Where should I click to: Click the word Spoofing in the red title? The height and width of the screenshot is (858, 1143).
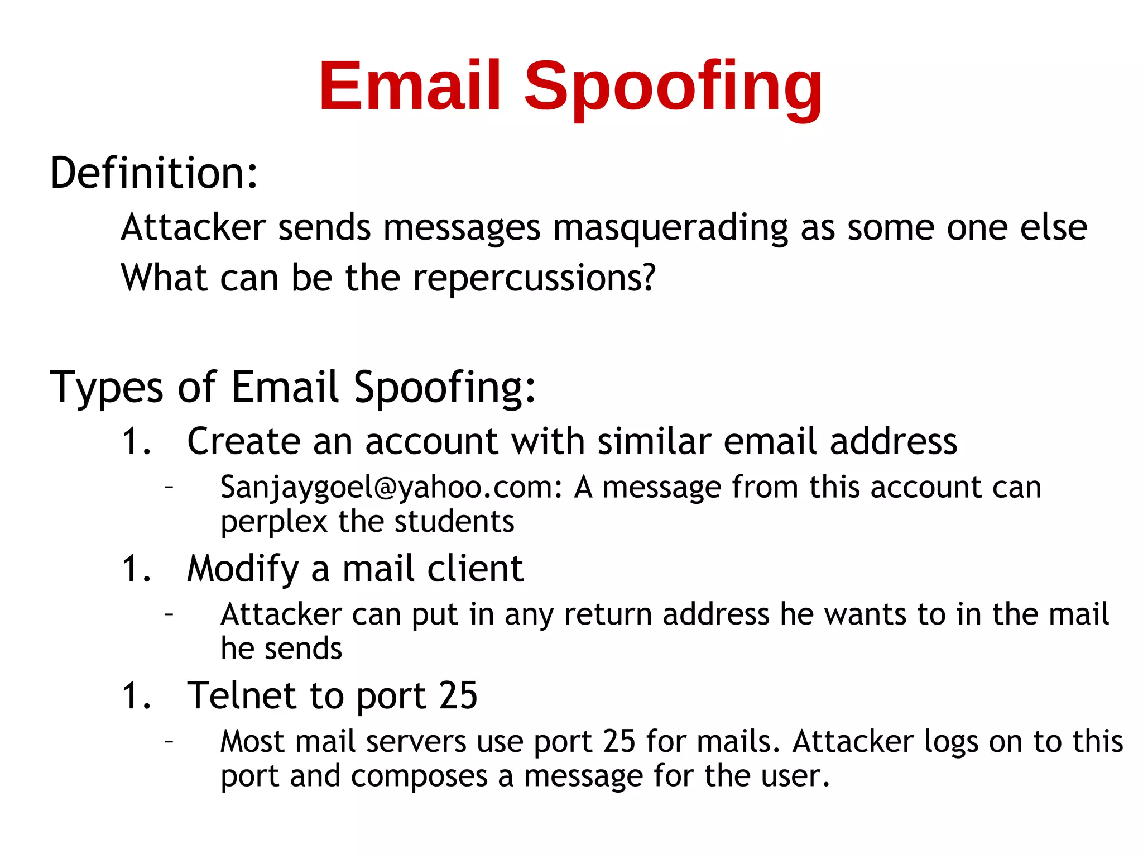point(673,88)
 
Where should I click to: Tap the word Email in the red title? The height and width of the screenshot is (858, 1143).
point(410,87)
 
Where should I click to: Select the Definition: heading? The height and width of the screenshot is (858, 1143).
point(154,173)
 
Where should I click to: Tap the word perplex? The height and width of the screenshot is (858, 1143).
point(274,522)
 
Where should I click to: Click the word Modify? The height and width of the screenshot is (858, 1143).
point(243,569)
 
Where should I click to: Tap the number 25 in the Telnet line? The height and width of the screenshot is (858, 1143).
point(458,696)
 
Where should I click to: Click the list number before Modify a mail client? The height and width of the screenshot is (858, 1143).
point(136,569)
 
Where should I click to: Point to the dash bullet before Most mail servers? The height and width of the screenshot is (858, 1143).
point(169,741)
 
